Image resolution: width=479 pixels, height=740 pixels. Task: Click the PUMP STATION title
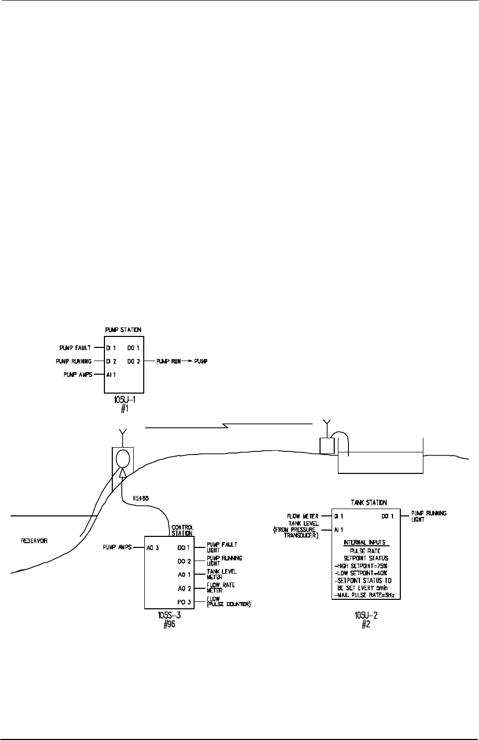coord(123,330)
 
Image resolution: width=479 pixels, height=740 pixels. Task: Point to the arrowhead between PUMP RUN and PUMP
coord(187,362)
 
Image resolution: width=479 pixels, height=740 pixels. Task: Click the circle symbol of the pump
coord(122,458)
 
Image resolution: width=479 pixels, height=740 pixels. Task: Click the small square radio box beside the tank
coord(327,446)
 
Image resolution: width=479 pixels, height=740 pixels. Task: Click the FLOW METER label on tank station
coord(303,516)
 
